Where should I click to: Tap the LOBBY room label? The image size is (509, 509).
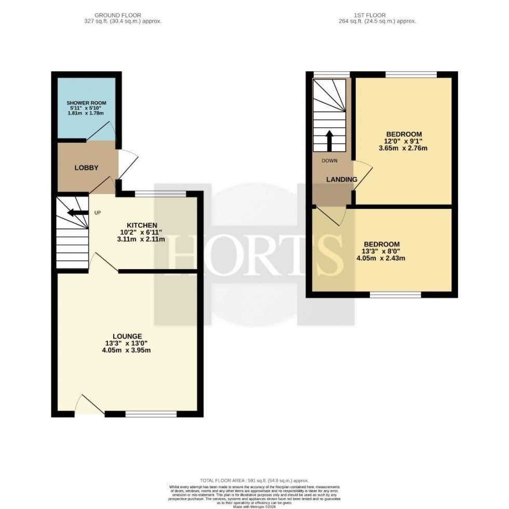(x=86, y=167)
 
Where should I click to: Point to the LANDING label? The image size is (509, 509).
(x=341, y=180)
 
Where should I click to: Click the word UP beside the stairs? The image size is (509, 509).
(x=97, y=212)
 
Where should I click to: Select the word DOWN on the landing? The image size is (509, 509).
(x=329, y=160)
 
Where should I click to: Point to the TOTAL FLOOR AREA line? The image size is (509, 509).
(x=254, y=480)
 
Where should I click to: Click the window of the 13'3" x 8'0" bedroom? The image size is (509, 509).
(x=395, y=294)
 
